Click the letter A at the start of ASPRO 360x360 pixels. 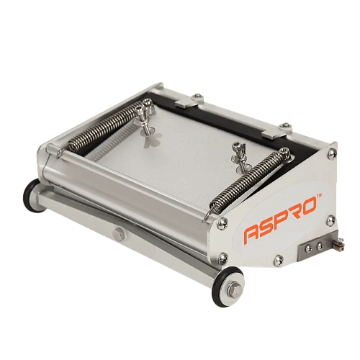(x=253, y=235)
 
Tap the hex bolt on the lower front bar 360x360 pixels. (x=119, y=233)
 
